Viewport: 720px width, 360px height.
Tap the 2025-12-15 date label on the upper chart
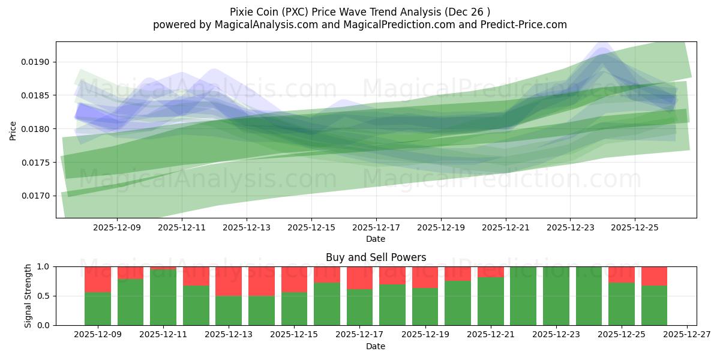pos(311,228)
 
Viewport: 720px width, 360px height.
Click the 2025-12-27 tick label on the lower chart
pos(686,335)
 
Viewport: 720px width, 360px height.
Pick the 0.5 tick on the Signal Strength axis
pos(45,296)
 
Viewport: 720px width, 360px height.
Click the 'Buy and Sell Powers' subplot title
pos(376,257)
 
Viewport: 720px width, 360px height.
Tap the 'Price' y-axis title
pos(13,130)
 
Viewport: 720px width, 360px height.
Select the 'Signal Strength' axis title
pos(28,296)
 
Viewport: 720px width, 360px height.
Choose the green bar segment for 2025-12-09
pos(98,308)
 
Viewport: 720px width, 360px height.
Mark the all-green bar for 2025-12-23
pos(556,296)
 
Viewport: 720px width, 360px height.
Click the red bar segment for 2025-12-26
pos(654,276)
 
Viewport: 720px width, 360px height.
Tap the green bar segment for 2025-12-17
pos(359,307)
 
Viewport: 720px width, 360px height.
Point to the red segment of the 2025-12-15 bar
pos(294,279)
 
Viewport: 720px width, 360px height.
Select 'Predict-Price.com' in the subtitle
pos(521,25)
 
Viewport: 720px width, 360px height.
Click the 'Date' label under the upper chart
pos(376,239)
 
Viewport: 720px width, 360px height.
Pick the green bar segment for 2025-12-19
pos(425,307)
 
